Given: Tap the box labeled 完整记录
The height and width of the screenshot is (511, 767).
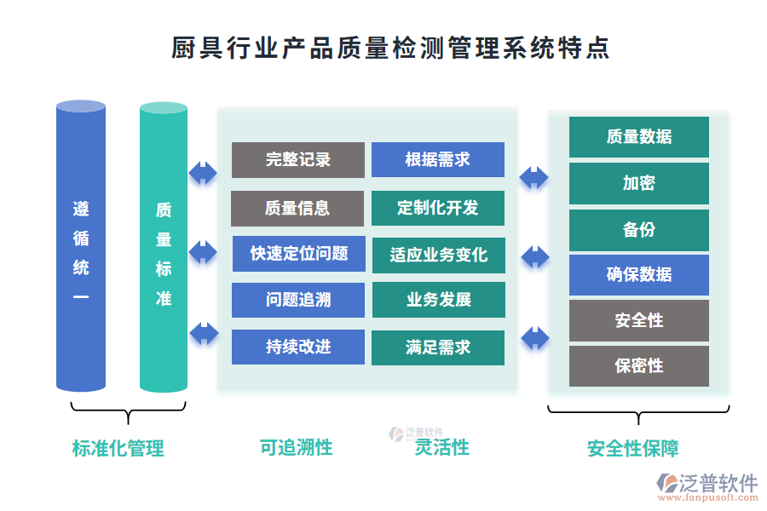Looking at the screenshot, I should pos(298,160).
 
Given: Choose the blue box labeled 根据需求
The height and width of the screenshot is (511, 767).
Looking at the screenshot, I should pos(438,160).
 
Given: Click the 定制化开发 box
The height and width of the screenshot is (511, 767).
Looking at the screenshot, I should pos(438,208).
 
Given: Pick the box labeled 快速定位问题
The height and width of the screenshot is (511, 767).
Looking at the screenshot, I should pos(298,253).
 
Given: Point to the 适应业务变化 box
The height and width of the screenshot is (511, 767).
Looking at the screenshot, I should pos(438,255).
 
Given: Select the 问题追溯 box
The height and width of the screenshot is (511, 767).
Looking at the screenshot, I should pos(298,300).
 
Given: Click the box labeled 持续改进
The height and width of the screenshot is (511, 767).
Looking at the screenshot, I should pos(298,347).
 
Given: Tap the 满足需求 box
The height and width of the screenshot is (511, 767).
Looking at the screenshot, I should pos(438,347).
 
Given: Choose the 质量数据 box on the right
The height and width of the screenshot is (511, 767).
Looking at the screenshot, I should pos(639,137).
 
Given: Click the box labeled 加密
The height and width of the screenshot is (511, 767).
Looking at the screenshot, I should pos(639,183).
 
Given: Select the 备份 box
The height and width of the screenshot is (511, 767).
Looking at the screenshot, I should pos(639,229).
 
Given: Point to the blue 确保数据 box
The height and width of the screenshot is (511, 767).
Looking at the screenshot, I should pos(639,274).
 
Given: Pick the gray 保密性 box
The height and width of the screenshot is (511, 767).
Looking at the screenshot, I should pos(639,366).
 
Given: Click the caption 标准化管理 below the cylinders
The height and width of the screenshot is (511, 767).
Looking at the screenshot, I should pos(118,448).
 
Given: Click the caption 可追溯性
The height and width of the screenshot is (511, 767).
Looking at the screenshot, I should pos(296,447).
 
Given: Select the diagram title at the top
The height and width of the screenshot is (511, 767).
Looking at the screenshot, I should pos(390,49).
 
